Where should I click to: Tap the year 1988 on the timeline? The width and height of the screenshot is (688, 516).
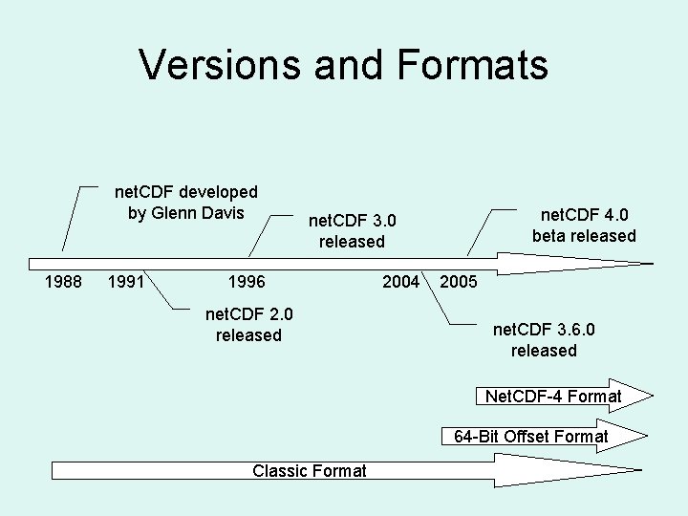pos(64,283)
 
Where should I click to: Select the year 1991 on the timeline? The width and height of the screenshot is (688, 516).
pos(127,283)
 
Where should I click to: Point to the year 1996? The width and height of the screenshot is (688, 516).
pos(247,283)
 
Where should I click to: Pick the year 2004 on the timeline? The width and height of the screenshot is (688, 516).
pos(400,282)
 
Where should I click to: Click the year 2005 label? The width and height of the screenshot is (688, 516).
pos(459,284)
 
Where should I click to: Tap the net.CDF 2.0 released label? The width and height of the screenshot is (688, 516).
pos(248,324)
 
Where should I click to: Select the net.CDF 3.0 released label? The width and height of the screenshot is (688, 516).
pos(352,231)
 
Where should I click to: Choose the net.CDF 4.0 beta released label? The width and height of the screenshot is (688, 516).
pos(584,225)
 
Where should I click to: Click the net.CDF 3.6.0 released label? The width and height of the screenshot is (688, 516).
pos(544,339)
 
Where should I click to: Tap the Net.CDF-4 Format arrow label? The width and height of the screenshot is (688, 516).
pos(553,396)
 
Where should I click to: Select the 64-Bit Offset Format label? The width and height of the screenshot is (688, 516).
pos(530,437)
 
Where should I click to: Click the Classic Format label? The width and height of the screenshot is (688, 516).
pos(310,470)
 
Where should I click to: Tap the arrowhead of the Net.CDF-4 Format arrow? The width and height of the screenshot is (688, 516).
pos(639,396)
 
